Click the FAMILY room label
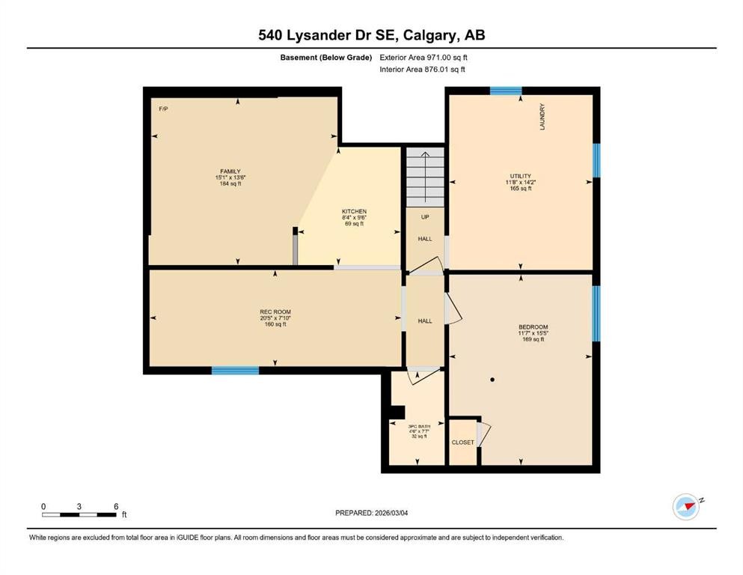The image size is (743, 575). tap(230, 171)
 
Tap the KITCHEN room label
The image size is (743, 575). tap(354, 212)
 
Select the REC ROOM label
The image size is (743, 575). tap(275, 311)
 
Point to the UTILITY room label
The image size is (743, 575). tap(519, 176)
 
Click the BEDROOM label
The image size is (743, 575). tap(533, 327)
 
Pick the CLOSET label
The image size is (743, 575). tap(462, 442)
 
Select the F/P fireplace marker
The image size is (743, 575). tap(163, 109)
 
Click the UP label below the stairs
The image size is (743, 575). tap(424, 217)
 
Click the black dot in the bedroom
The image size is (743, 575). tap(492, 380)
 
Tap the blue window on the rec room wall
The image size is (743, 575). tap(235, 370)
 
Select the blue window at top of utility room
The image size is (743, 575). tap(506, 91)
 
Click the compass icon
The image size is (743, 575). tap(686, 507)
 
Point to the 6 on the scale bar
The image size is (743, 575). tap(116, 506)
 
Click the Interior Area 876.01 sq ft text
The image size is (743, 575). tap(422, 70)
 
